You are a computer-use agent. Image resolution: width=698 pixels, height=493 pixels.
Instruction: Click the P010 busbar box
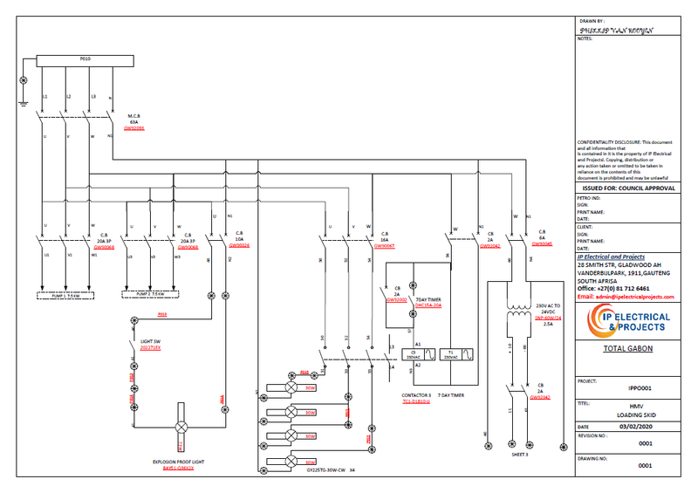coord(85,59)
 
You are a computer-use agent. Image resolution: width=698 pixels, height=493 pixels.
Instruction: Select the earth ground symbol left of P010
coord(24,80)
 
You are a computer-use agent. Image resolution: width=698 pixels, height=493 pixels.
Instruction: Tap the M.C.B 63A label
coord(134,120)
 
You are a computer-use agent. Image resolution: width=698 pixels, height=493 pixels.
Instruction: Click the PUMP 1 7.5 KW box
coord(67,295)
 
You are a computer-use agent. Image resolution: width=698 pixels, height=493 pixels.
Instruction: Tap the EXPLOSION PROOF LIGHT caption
coord(177,461)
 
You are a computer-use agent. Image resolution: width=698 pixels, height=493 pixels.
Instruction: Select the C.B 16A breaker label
coord(385,239)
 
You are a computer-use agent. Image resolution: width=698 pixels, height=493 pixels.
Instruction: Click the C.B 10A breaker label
coord(238,239)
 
